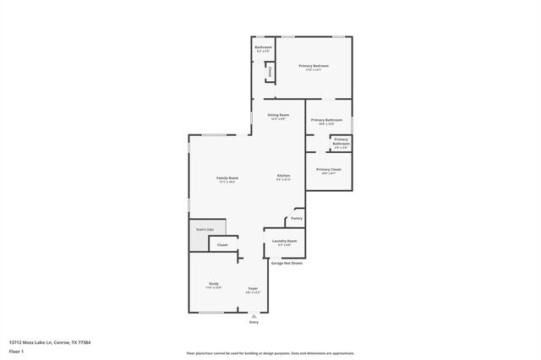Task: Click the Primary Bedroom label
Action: (313, 66)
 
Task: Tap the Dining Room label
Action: (278, 115)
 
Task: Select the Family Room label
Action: (227, 178)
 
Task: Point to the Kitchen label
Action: (284, 176)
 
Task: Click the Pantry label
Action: (296, 218)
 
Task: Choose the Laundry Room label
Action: (284, 242)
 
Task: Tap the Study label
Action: (213, 284)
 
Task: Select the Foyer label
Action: (253, 289)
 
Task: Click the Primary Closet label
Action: (329, 170)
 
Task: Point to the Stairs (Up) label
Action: (205, 229)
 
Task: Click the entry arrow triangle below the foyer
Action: (253, 316)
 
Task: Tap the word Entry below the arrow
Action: (253, 323)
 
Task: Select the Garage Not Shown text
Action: (287, 263)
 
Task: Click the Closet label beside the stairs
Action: (222, 245)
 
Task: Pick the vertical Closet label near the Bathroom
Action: (270, 73)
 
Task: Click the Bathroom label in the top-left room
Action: (262, 48)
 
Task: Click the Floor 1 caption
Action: (17, 351)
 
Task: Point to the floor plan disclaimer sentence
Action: (270, 353)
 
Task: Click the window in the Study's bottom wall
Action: (211, 313)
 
